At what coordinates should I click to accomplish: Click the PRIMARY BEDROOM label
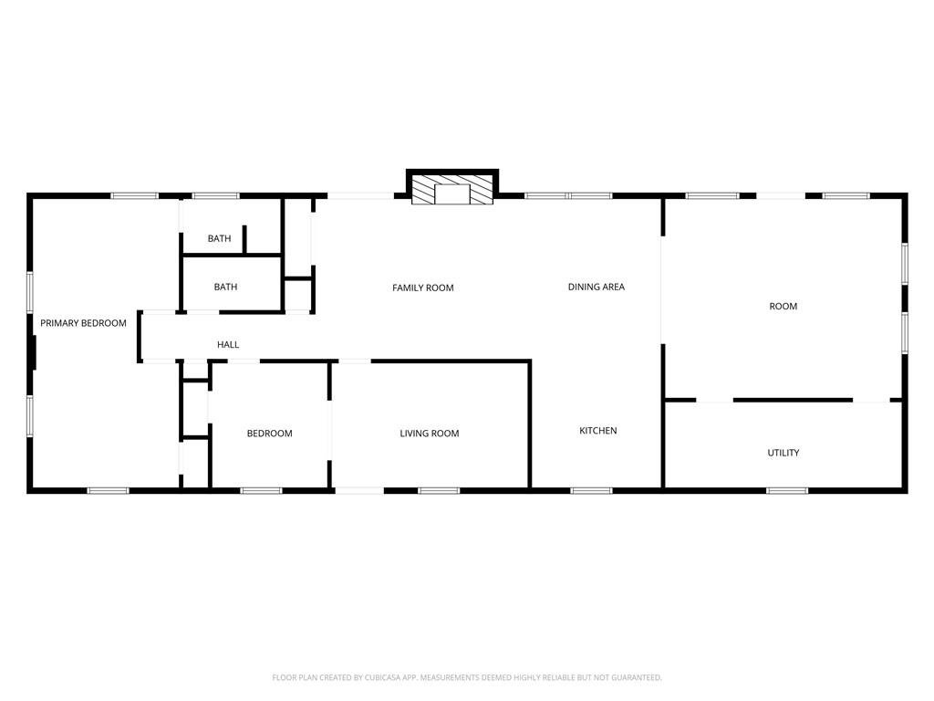click(x=83, y=323)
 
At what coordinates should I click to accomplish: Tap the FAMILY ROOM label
click(x=423, y=288)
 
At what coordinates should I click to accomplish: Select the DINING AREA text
click(x=597, y=287)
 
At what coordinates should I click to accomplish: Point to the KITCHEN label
click(x=598, y=431)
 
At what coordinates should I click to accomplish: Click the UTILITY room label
click(x=784, y=453)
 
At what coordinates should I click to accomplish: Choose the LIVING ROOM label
click(x=430, y=434)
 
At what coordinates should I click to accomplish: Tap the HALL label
click(x=228, y=344)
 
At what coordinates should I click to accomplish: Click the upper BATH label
click(x=219, y=238)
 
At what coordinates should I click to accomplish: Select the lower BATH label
click(x=226, y=287)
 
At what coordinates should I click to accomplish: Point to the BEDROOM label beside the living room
click(x=270, y=434)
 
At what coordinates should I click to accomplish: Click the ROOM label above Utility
click(x=784, y=307)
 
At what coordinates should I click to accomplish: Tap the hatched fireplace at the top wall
click(x=452, y=189)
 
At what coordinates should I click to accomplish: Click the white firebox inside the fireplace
click(x=452, y=194)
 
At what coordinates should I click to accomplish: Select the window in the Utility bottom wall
click(x=787, y=490)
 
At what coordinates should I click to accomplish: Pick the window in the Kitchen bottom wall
click(x=591, y=490)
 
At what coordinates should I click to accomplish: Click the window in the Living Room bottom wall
click(x=439, y=490)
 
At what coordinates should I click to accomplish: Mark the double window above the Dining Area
click(x=568, y=195)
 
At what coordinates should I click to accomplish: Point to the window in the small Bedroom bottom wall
click(x=262, y=490)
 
